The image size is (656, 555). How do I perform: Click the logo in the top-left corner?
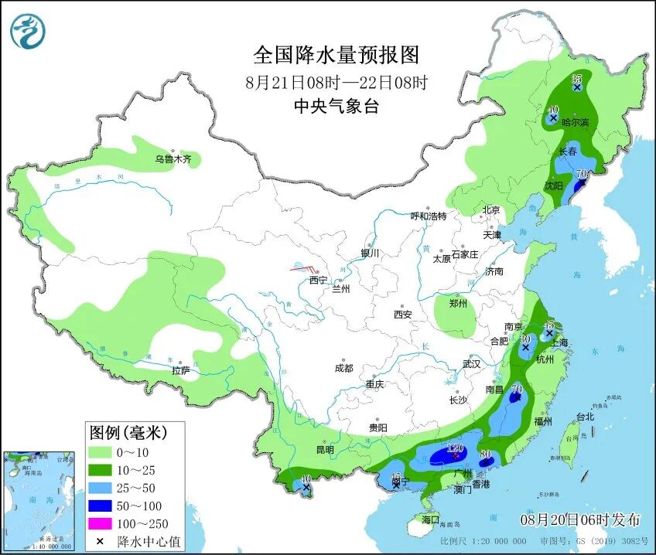(x=28, y=32)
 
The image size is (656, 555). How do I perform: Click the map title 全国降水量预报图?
(x=336, y=55)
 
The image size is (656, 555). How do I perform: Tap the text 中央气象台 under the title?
(x=336, y=107)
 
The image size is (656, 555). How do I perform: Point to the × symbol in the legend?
(x=101, y=541)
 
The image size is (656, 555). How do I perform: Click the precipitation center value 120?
(x=455, y=448)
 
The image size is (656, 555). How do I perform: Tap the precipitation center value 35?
(x=576, y=79)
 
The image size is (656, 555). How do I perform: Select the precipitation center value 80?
(x=487, y=454)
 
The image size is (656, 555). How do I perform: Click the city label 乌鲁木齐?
(x=171, y=159)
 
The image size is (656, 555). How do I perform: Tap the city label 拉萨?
(x=180, y=370)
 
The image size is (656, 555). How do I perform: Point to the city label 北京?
(x=491, y=209)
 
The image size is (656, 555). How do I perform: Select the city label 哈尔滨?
(x=575, y=122)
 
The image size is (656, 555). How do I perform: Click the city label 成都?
(x=343, y=369)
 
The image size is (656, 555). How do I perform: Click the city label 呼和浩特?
(x=428, y=216)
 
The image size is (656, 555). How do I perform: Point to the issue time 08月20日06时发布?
(x=580, y=517)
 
